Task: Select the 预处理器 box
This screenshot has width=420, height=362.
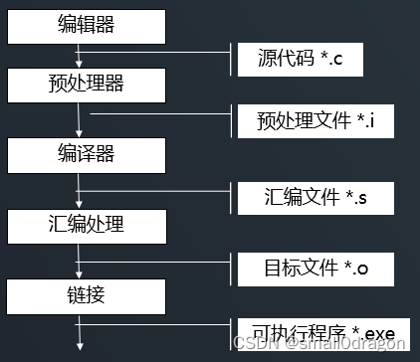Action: pos(85,83)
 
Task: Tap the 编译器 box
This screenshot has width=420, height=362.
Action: pos(85,154)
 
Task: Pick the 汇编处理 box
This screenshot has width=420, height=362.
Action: pos(85,224)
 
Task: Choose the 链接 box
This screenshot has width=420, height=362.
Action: pos(85,294)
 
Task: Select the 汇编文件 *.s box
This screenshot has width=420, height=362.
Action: pos(305,198)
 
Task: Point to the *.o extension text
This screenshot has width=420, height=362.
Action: pos(358,269)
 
